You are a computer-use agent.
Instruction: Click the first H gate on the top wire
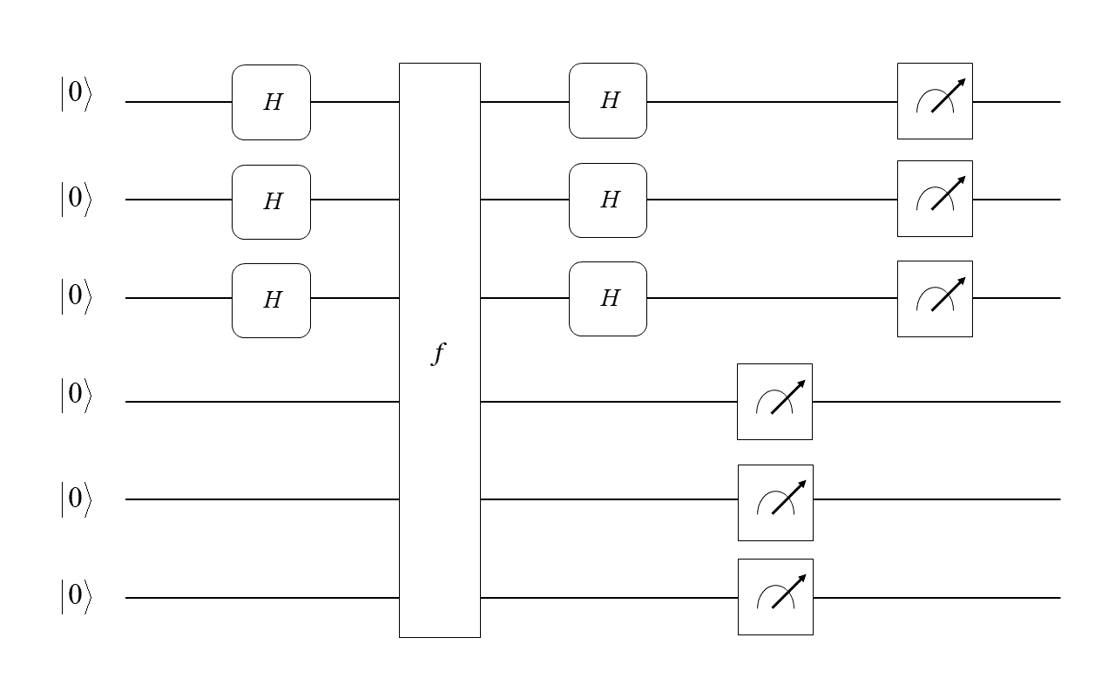(x=271, y=102)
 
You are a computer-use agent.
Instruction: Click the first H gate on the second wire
(x=271, y=201)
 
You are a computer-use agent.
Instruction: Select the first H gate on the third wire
(x=271, y=300)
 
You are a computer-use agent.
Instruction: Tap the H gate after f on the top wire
(x=608, y=100)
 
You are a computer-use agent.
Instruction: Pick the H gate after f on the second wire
(x=608, y=200)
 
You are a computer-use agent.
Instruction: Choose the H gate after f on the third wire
(x=608, y=298)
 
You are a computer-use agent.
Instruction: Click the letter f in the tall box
(x=438, y=354)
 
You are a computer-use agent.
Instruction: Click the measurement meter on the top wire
(x=935, y=101)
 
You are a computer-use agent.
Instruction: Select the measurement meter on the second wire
(x=935, y=199)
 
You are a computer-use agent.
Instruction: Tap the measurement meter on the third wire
(x=935, y=299)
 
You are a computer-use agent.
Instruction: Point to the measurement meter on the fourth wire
(x=774, y=402)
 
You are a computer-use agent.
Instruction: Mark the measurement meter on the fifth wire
(x=775, y=503)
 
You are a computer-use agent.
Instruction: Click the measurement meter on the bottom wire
(x=775, y=597)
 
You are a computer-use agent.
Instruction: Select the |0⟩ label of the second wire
(x=75, y=200)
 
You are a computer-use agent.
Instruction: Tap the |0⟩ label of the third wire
(x=75, y=297)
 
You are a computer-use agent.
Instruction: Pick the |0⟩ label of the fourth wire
(x=75, y=395)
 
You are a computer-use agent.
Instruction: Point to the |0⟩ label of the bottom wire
(x=75, y=597)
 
